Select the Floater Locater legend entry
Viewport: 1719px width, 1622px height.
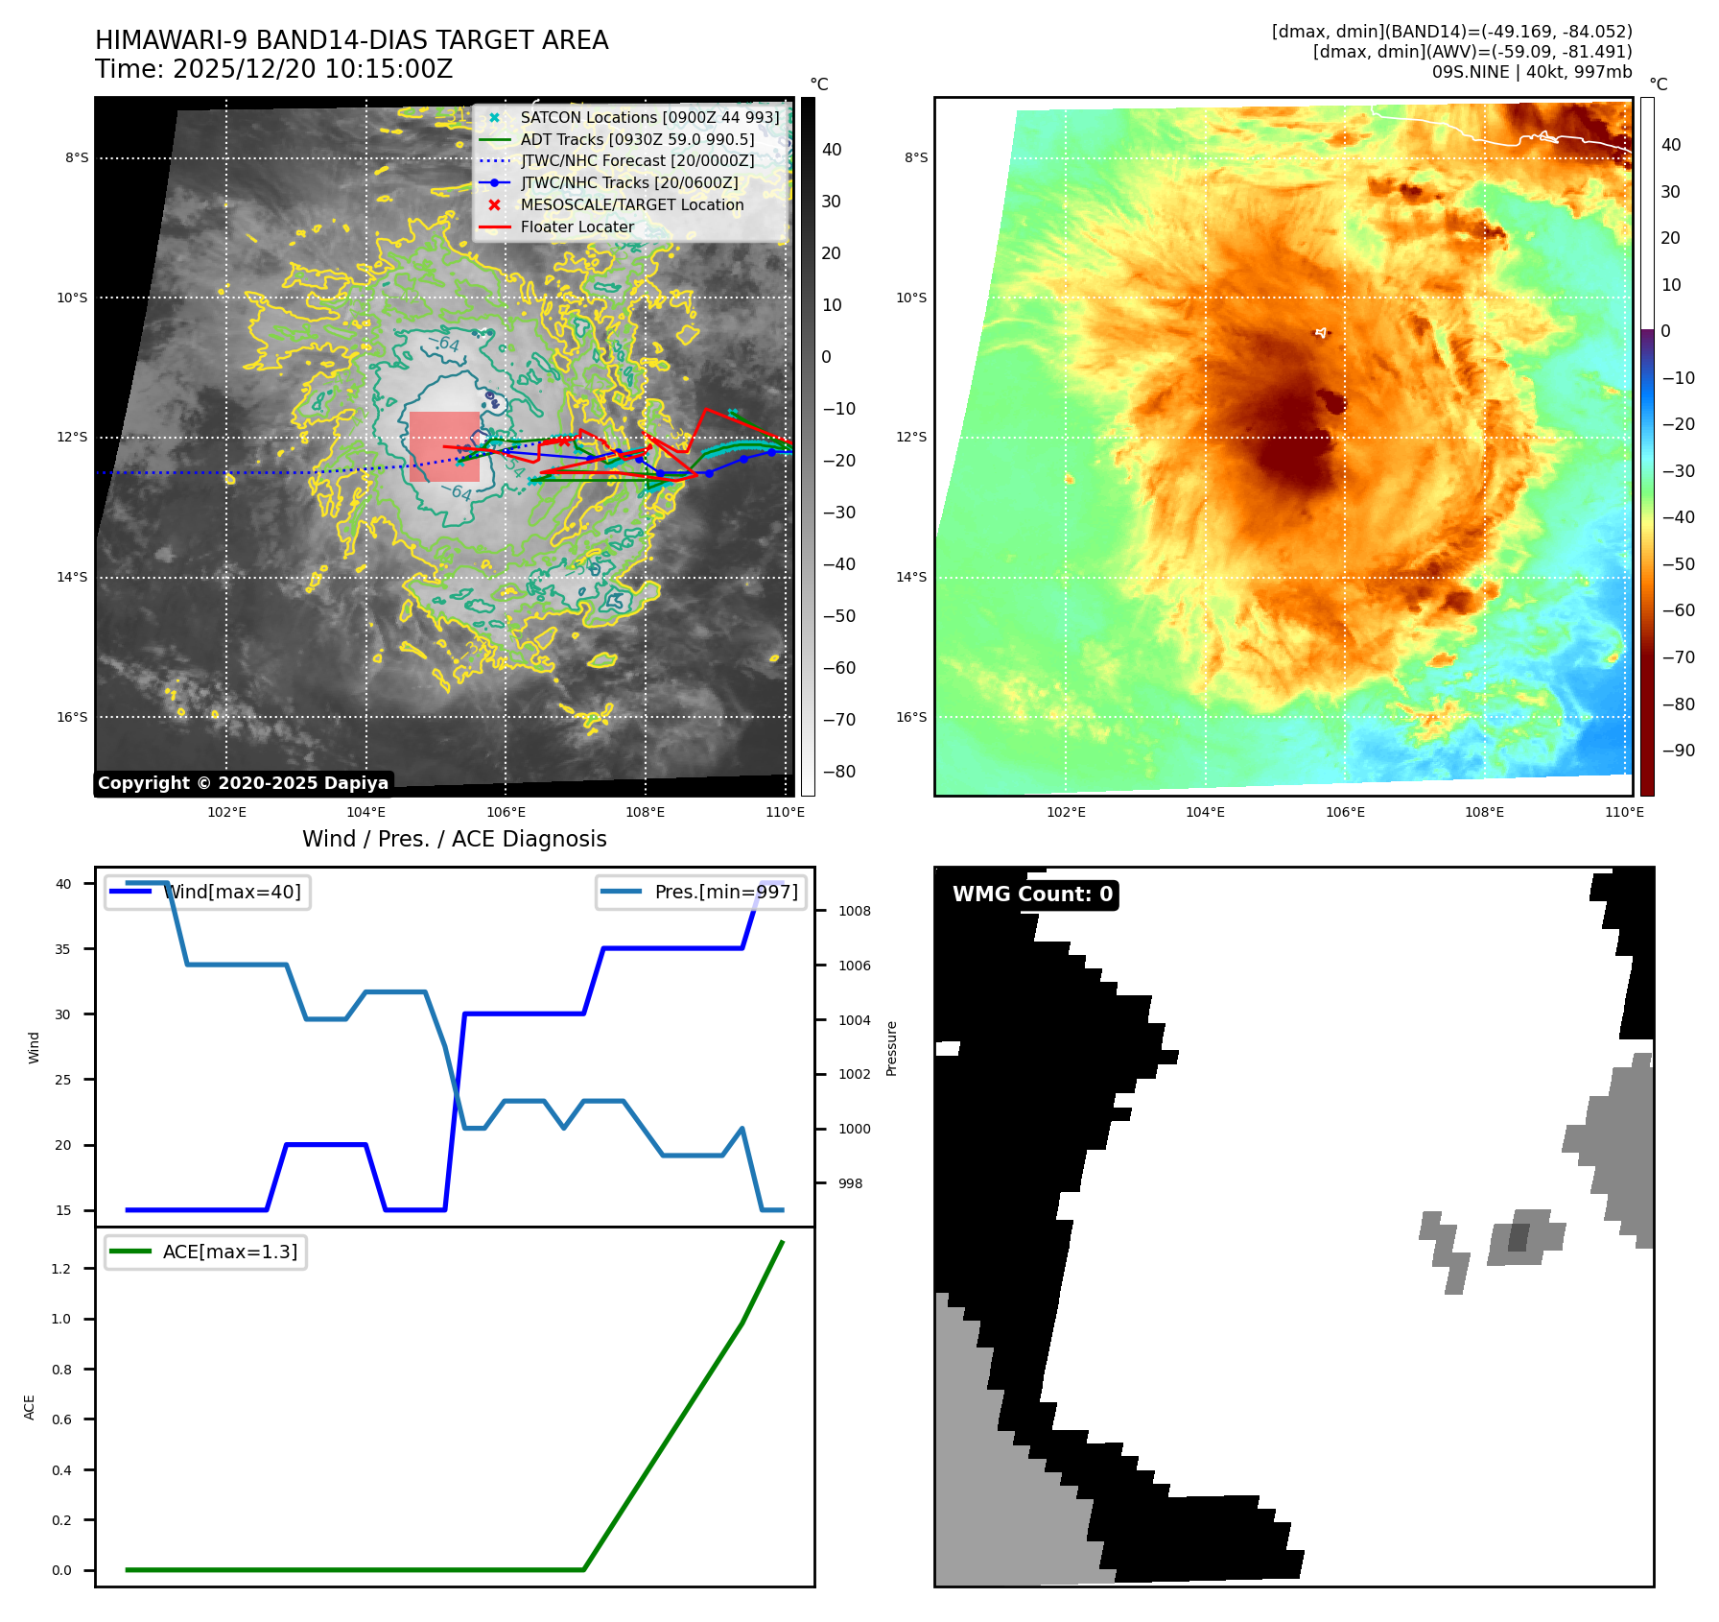coord(577,227)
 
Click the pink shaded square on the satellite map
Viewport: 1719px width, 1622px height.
coord(444,446)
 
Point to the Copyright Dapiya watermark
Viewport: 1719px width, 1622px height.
coord(243,783)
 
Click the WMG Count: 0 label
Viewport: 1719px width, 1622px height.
coord(1032,894)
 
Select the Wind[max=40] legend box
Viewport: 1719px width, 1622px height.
coord(207,892)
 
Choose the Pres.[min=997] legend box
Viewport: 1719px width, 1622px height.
coord(700,892)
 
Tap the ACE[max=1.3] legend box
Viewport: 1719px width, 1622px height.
coord(205,1252)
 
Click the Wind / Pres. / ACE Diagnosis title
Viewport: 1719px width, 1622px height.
coord(455,839)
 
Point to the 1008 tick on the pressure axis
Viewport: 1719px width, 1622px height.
coord(854,911)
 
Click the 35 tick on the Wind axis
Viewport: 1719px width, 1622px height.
coord(63,949)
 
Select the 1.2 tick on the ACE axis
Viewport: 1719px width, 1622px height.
coord(61,1269)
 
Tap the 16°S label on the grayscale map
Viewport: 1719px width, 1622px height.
coord(72,717)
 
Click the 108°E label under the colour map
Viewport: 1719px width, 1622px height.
coord(1484,812)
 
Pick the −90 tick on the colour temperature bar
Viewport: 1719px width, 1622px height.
coord(1677,751)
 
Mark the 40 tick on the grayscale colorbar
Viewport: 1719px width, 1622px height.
coord(832,150)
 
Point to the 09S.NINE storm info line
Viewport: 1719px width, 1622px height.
coord(1531,72)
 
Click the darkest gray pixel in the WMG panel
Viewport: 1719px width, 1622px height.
coord(1519,1237)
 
